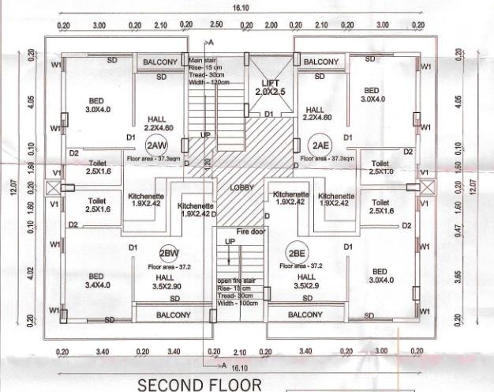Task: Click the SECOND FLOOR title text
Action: click(198, 385)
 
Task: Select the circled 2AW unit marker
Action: click(155, 145)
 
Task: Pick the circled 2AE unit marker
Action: click(320, 145)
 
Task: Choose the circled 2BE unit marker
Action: click(298, 254)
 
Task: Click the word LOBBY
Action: click(241, 188)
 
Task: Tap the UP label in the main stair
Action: click(205, 135)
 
